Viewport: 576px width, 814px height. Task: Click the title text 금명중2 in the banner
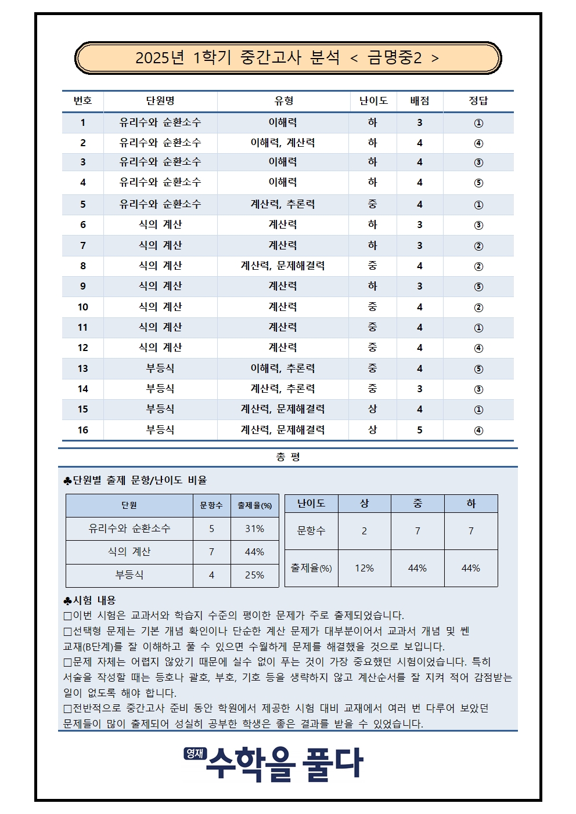tap(394, 57)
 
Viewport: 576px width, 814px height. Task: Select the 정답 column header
tap(478, 100)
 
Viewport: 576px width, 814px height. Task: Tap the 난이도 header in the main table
tap(373, 100)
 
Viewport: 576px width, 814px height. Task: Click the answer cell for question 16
tap(478, 430)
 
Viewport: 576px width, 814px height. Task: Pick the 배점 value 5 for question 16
tap(419, 430)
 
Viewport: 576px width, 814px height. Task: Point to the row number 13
tap(82, 368)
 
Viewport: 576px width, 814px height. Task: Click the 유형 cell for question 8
tap(283, 266)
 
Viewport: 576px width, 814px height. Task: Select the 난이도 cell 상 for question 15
tap(372, 409)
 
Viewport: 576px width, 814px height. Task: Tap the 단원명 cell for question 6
tap(160, 225)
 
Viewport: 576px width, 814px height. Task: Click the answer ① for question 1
tap(478, 123)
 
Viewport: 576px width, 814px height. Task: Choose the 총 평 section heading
tap(288, 457)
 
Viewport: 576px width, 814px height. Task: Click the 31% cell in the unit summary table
tap(254, 529)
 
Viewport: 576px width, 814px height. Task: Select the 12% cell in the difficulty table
tap(364, 568)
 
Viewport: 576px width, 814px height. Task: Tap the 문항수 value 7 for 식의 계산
tap(211, 552)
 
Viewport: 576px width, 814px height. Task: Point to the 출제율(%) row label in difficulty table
tap(311, 568)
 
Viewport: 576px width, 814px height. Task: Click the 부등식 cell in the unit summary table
tap(129, 575)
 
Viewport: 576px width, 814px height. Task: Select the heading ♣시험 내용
tap(90, 600)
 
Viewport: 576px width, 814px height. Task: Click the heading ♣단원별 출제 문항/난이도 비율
tap(135, 480)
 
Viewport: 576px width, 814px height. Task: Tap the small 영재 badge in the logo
tap(195, 753)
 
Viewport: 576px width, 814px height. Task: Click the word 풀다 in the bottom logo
tap(333, 764)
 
